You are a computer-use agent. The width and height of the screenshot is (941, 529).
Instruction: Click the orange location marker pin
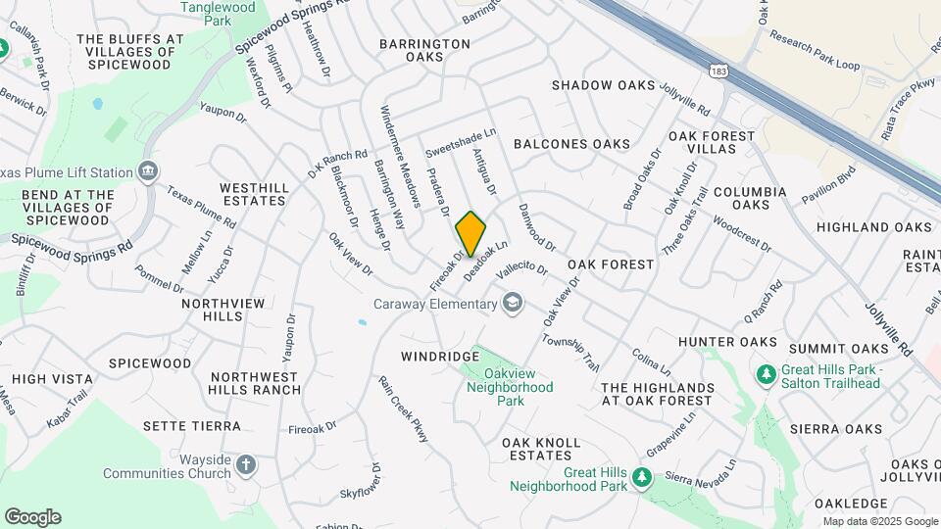click(471, 233)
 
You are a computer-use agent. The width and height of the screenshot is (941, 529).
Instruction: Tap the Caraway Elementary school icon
click(512, 304)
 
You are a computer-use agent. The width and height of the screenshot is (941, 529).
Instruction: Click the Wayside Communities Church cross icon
click(246, 463)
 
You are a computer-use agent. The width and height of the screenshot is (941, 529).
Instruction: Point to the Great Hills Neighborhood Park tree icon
click(642, 477)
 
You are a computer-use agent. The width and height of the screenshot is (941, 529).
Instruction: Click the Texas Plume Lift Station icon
click(148, 172)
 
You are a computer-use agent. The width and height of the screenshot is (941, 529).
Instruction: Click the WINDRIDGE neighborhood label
click(438, 356)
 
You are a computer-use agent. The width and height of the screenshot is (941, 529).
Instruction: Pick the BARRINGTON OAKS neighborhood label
click(424, 50)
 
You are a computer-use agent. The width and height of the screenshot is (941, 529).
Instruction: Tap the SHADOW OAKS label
click(603, 86)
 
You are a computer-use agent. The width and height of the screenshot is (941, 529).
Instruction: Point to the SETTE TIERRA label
click(191, 426)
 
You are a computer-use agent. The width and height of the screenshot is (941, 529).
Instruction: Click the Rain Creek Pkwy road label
click(404, 409)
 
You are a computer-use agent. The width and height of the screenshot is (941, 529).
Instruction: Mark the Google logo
click(32, 517)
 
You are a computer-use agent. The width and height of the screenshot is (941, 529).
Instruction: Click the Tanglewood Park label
click(218, 13)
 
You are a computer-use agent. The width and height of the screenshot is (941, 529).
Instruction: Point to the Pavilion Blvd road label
click(829, 183)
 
